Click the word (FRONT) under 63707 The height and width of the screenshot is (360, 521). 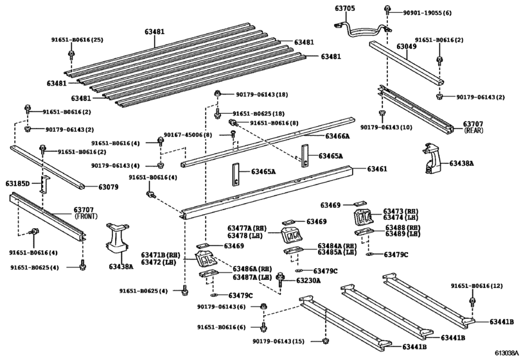(x=86, y=217)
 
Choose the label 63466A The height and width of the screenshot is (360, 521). (x=337, y=136)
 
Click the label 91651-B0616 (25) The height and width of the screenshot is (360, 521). (x=77, y=40)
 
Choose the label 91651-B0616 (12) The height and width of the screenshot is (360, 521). (x=478, y=286)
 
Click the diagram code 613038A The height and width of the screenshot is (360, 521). (x=506, y=353)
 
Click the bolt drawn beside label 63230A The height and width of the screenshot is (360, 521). (x=281, y=279)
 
